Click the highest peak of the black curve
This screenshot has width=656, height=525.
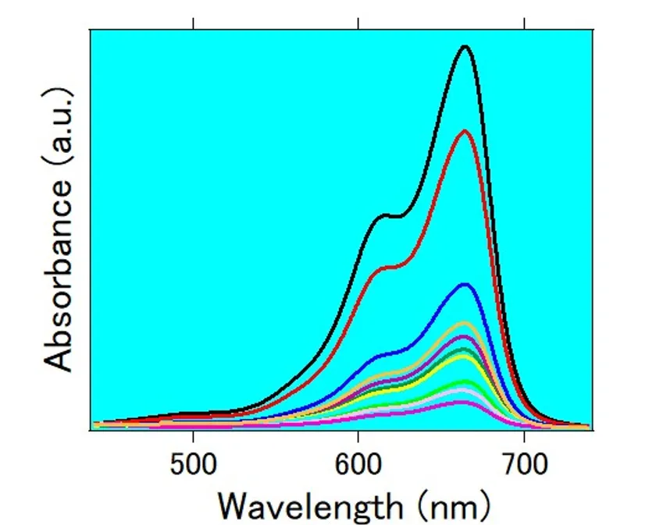[465, 47]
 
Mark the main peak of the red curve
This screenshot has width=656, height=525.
[465, 131]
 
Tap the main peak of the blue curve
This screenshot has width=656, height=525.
[465, 284]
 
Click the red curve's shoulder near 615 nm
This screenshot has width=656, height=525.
[386, 267]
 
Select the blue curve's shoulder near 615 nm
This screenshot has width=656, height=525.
[386, 356]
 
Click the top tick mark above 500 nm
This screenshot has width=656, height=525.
[193, 23]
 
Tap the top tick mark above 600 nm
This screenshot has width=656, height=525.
[358, 23]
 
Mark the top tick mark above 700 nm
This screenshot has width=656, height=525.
[523, 23]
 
